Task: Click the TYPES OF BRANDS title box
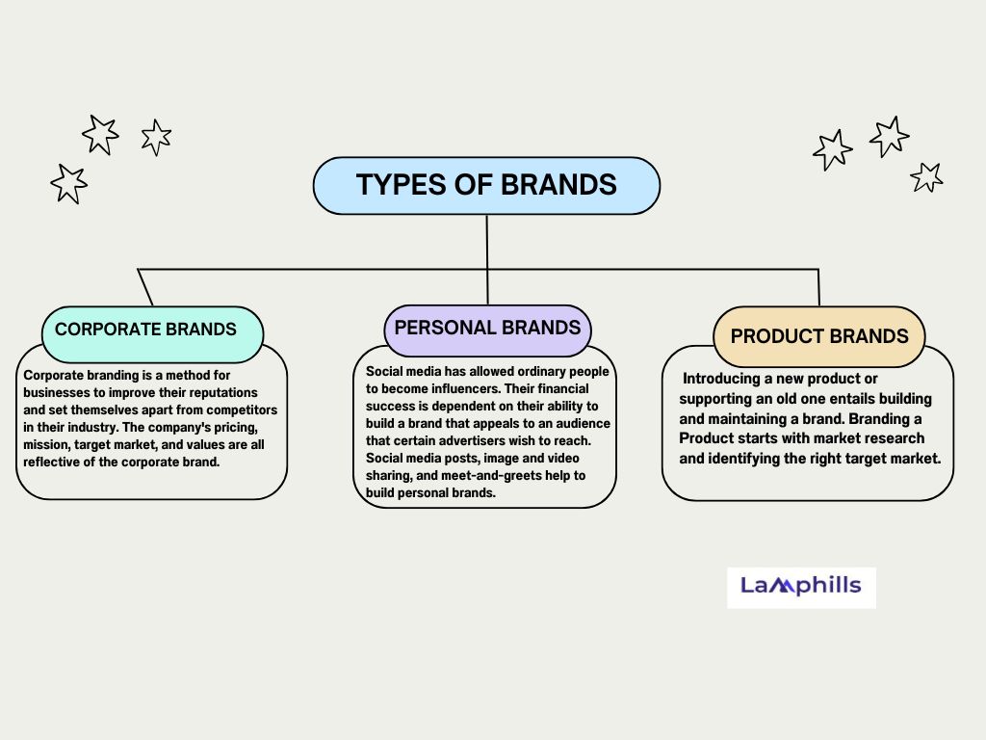(x=486, y=186)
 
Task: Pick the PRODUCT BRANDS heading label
(x=819, y=336)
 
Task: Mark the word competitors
(x=242, y=410)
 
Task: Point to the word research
(x=895, y=438)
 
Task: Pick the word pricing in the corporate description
(x=235, y=428)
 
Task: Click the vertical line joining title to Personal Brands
(x=487, y=260)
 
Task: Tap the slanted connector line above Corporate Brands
(x=145, y=287)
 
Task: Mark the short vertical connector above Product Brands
(x=818, y=287)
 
